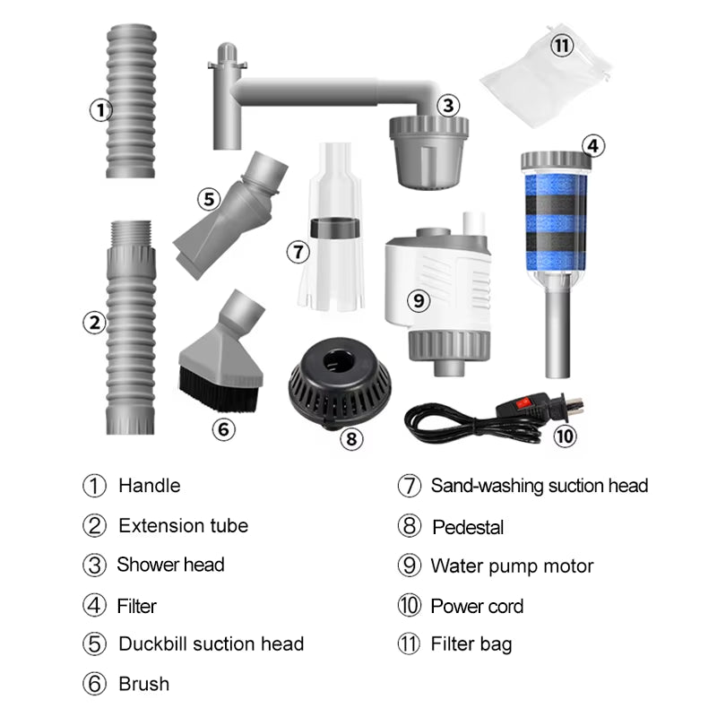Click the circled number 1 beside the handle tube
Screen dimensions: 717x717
point(99,110)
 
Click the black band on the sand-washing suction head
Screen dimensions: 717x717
point(329,229)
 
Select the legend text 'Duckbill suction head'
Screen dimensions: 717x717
point(211,644)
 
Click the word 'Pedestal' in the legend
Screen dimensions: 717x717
point(468,527)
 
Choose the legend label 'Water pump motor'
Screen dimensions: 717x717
point(512,566)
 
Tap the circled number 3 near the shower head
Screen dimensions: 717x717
point(448,105)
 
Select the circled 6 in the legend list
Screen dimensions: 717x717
point(95,684)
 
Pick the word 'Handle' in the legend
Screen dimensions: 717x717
point(149,486)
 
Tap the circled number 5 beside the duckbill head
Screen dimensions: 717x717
point(209,198)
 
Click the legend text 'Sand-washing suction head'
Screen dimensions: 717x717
point(539,486)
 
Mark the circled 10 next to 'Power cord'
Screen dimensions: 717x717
point(410,606)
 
